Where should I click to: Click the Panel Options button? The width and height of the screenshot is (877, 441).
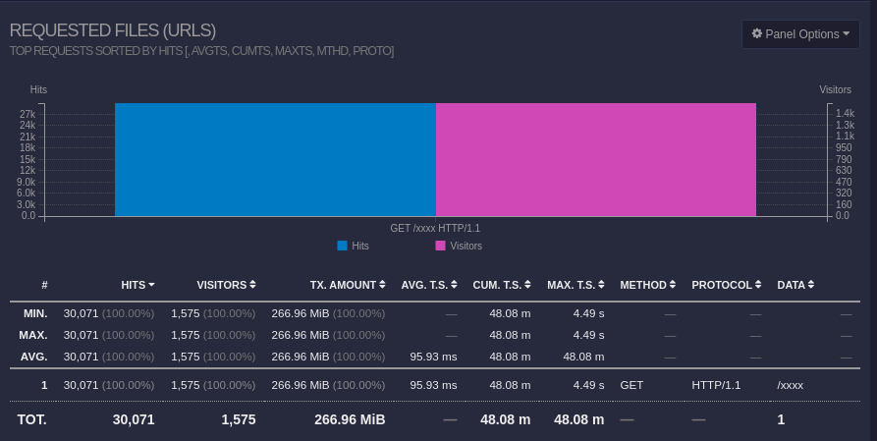[800, 34]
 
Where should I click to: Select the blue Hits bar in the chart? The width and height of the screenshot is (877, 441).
[275, 159]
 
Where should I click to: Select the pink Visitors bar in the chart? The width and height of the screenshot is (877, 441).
[595, 159]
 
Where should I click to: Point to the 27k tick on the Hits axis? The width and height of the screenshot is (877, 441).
[28, 114]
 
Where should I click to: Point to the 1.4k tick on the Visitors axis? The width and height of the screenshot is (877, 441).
[845, 114]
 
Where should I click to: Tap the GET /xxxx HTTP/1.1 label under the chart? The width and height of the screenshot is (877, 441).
[435, 228]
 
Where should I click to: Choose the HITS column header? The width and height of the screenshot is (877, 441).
[137, 285]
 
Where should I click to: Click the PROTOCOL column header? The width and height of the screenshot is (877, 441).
[727, 285]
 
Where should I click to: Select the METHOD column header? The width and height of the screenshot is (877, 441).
[648, 285]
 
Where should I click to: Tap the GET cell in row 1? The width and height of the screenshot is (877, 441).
[631, 385]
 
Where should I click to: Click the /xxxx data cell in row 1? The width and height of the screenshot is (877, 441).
[791, 385]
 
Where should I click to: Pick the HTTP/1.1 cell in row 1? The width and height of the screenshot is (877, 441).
[714, 385]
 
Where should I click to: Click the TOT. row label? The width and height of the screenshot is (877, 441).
[31, 419]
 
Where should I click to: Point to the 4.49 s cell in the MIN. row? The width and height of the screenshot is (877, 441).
[589, 313]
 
